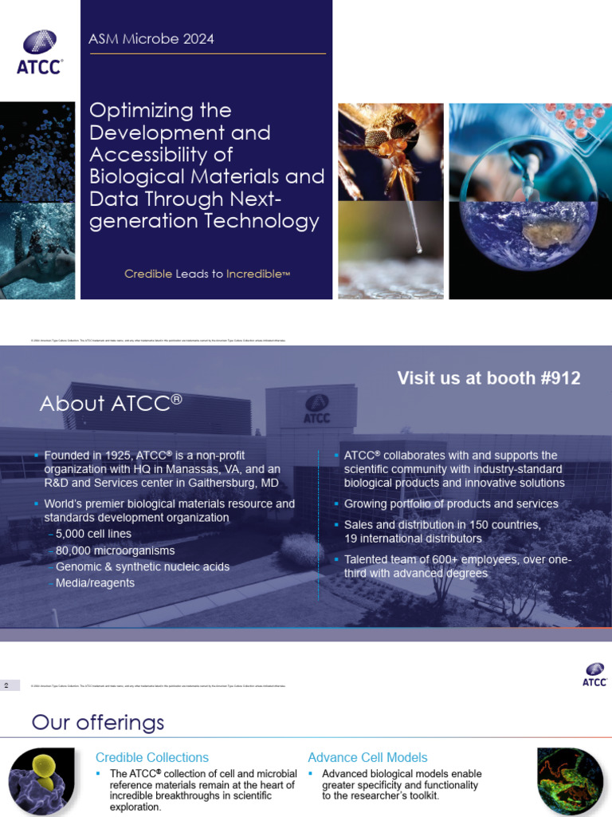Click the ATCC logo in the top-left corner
pyautogui.click(x=39, y=52)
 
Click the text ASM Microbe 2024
pyautogui.click(x=151, y=38)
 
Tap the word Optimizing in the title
pyautogui.click(x=160, y=110)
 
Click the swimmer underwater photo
pyautogui.click(x=37, y=251)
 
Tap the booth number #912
pyautogui.click(x=559, y=378)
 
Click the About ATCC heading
pyautogui.click(x=111, y=404)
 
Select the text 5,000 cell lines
pyautogui.click(x=94, y=534)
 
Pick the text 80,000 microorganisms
pyautogui.click(x=116, y=551)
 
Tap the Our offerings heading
pyautogui.click(x=98, y=723)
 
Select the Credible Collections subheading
pyautogui.click(x=152, y=757)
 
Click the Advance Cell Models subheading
pyautogui.click(x=367, y=757)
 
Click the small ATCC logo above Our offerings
pyautogui.click(x=594, y=674)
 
